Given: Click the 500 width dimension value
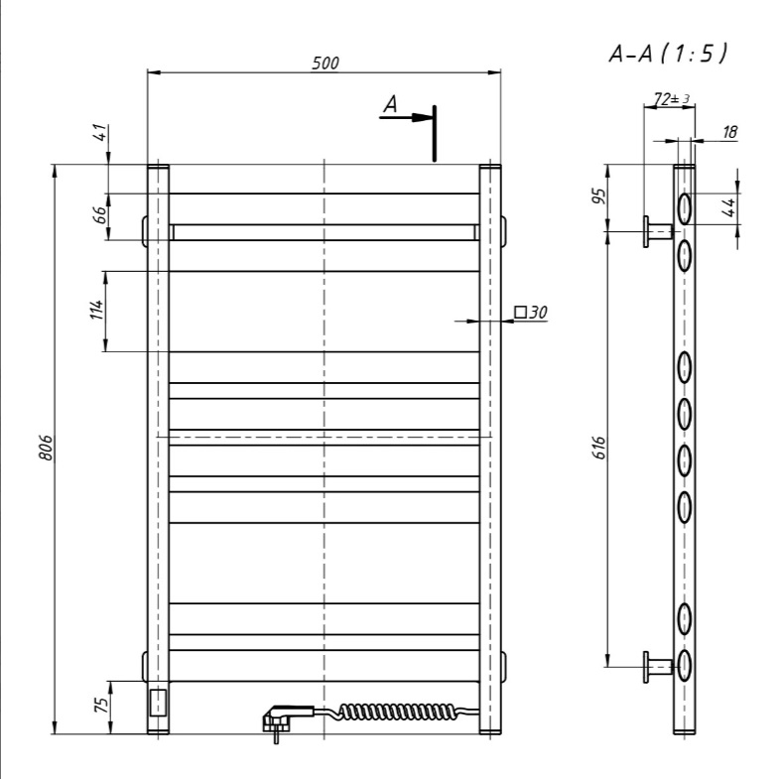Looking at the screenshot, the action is tap(325, 63).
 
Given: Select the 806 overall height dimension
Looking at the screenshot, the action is tap(46, 448).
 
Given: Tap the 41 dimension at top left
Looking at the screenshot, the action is tap(100, 133).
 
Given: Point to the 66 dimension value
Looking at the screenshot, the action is tap(100, 214).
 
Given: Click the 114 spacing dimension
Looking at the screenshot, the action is tap(96, 310).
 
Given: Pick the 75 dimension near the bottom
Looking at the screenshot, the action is tap(100, 705).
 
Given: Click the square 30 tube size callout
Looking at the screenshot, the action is tap(531, 313).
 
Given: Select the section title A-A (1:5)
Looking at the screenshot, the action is tap(668, 54).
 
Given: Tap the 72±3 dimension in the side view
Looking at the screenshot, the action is tap(672, 99).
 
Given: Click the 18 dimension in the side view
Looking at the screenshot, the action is tap(729, 132).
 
